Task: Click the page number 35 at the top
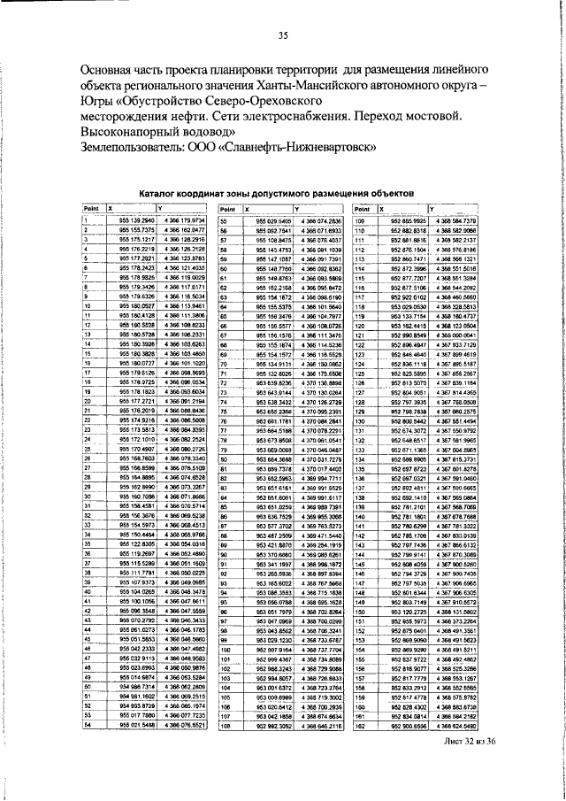283,35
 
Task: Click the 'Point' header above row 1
90,207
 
